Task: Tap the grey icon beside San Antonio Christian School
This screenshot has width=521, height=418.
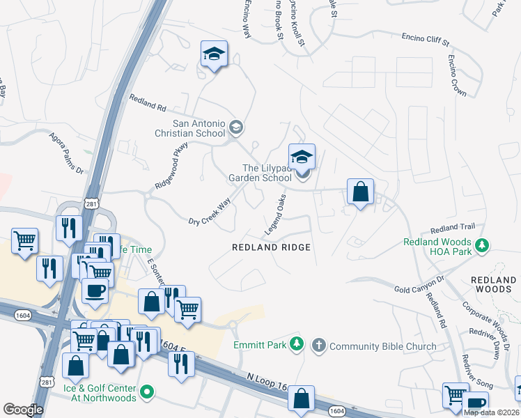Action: (x=236, y=127)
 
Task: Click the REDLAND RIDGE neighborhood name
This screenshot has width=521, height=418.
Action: (x=271, y=247)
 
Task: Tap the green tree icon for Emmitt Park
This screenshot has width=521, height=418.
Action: (x=297, y=343)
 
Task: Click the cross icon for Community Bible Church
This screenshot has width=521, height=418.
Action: (x=318, y=345)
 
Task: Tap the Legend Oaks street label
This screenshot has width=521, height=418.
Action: (x=275, y=214)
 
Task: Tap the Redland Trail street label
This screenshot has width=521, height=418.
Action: (x=452, y=228)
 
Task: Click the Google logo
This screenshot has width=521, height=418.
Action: (x=23, y=409)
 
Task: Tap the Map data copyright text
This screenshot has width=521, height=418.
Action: (x=490, y=412)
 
